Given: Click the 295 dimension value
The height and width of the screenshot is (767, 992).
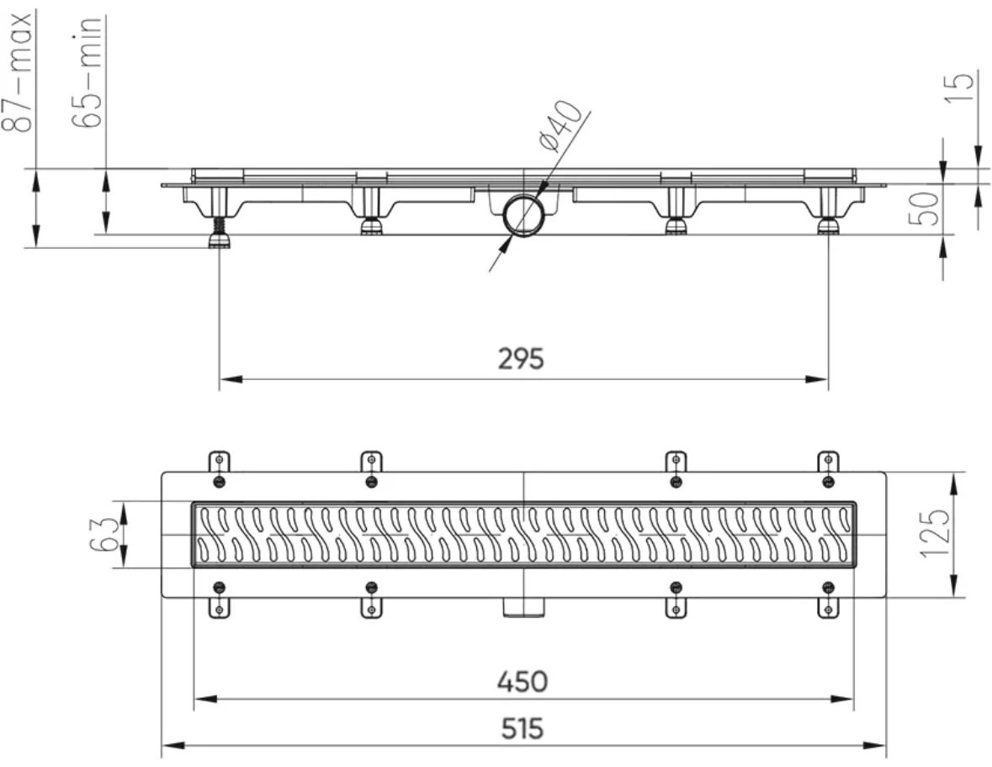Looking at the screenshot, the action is point(521,359).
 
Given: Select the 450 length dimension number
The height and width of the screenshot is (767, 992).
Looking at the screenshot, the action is point(522,681).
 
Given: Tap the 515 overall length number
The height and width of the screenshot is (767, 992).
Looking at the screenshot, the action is point(522,729).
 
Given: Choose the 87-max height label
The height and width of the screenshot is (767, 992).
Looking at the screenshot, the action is point(19,70).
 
